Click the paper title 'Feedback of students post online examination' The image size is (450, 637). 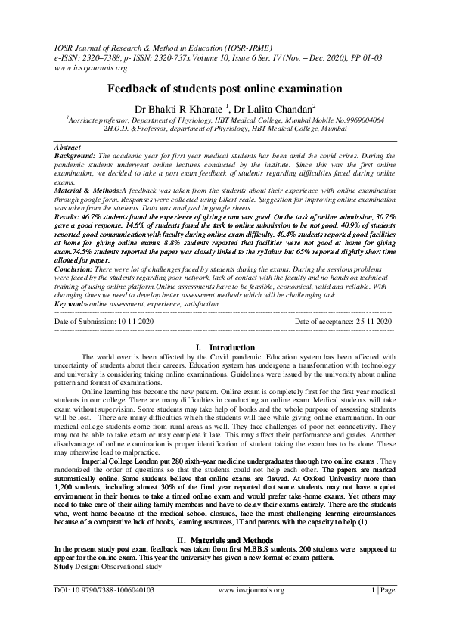[224, 89]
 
